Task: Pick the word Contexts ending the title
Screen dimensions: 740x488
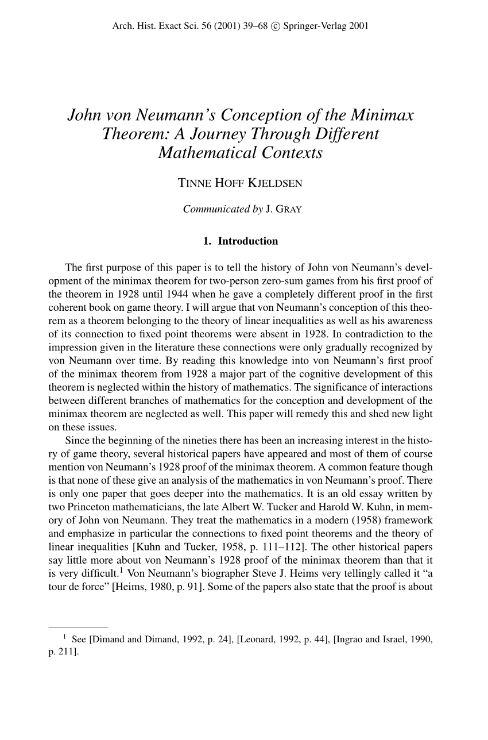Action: pyautogui.click(x=289, y=153)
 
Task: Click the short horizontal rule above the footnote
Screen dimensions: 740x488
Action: pyautogui.click(x=78, y=625)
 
